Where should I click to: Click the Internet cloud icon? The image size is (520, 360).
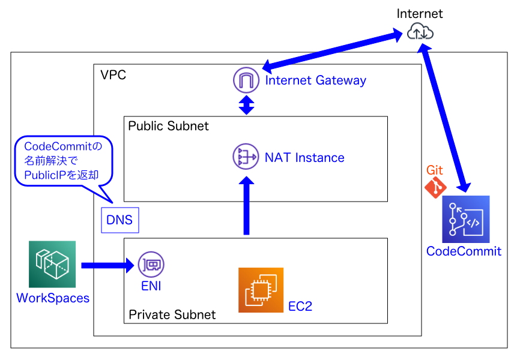(420, 32)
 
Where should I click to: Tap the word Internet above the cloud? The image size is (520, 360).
(420, 13)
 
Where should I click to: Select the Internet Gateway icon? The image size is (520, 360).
(246, 80)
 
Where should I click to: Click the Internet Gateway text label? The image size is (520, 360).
(315, 80)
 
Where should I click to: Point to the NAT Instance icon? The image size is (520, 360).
(246, 158)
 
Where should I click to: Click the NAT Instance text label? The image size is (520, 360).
(304, 158)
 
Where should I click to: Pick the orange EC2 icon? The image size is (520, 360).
(261, 290)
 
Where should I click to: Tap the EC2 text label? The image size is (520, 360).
(300, 306)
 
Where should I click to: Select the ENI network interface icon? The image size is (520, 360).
(151, 265)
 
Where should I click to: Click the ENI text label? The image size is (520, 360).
(151, 286)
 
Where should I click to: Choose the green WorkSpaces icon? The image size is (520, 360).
(52, 264)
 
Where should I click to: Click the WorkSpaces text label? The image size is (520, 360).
(53, 298)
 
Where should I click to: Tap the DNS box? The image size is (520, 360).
(119, 220)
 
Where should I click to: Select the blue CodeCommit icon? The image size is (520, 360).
(465, 219)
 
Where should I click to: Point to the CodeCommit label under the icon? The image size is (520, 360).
(464, 251)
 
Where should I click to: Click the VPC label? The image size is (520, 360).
(113, 75)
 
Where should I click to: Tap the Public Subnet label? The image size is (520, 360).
(169, 126)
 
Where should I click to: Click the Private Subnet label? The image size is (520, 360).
(172, 314)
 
